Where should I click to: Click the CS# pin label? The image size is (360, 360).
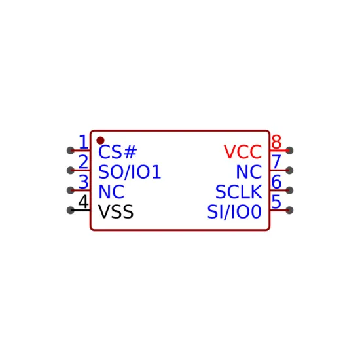click(x=118, y=152)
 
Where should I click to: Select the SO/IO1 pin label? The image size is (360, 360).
click(x=130, y=172)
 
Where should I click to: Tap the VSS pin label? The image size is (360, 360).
click(x=116, y=211)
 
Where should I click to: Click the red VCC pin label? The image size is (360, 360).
click(x=243, y=152)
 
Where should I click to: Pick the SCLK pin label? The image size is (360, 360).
click(x=238, y=192)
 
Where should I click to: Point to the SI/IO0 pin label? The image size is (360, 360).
click(x=234, y=211)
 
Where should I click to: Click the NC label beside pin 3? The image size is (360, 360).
click(x=111, y=192)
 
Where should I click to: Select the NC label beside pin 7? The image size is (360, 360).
click(x=249, y=172)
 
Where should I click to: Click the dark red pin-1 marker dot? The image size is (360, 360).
click(x=100, y=141)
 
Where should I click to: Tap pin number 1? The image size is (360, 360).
click(x=83, y=142)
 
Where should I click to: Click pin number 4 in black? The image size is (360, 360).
click(x=83, y=202)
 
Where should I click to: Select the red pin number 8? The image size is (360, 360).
click(x=276, y=142)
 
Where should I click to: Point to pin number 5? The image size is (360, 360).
click(x=276, y=202)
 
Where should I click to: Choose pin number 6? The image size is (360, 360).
click(x=276, y=182)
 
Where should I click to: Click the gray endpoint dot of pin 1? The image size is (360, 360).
click(x=71, y=151)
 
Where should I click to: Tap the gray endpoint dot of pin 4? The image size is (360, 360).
click(x=71, y=210)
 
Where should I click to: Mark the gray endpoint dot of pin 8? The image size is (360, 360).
click(x=289, y=151)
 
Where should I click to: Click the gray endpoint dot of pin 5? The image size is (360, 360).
click(x=289, y=210)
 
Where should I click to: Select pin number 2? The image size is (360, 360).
click(x=83, y=162)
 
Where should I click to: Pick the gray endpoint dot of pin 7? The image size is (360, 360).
click(x=289, y=171)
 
